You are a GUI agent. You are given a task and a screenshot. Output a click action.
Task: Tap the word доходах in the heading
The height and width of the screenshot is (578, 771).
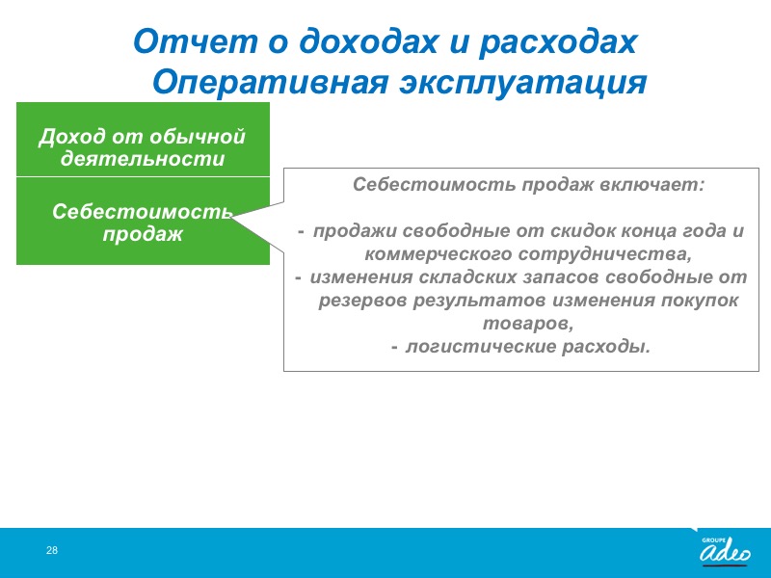(x=368, y=41)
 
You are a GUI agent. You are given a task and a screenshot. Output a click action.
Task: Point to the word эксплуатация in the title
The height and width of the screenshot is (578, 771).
(x=522, y=83)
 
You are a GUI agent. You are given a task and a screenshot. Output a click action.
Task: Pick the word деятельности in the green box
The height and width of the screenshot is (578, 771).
(x=143, y=158)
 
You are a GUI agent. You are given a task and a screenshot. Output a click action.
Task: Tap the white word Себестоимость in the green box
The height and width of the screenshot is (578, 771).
(x=143, y=212)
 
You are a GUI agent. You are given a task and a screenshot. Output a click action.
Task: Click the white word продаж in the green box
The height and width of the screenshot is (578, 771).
(x=143, y=234)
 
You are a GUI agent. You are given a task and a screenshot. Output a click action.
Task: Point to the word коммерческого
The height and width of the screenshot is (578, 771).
(x=439, y=254)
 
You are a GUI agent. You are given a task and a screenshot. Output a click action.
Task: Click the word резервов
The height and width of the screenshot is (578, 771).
(x=363, y=301)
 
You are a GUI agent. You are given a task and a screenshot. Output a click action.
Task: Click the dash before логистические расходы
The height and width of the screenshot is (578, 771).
(x=395, y=348)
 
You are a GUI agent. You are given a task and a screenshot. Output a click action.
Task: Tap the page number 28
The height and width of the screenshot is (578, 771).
(x=52, y=550)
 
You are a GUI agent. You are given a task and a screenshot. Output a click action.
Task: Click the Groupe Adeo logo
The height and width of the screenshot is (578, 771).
(x=725, y=550)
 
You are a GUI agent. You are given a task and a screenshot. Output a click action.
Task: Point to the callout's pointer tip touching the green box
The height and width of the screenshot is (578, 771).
(x=231, y=217)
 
